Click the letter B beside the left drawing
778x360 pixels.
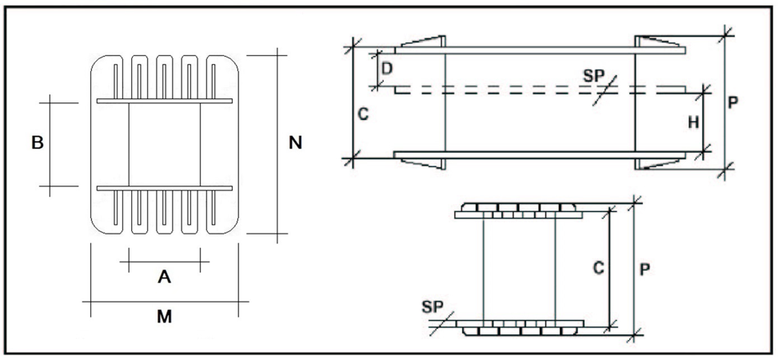coord(37,143)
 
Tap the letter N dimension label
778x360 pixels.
coord(295,143)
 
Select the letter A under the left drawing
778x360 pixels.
coord(165,277)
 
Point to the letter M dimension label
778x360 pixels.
coord(164,317)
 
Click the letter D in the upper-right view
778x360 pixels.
coord(387,70)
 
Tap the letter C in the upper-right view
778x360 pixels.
coord(363,114)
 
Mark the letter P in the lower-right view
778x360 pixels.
coord(644,270)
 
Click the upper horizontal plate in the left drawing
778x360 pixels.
coord(164,101)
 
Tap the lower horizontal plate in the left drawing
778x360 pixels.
coord(164,189)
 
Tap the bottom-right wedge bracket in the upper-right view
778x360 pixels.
coord(660,164)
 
